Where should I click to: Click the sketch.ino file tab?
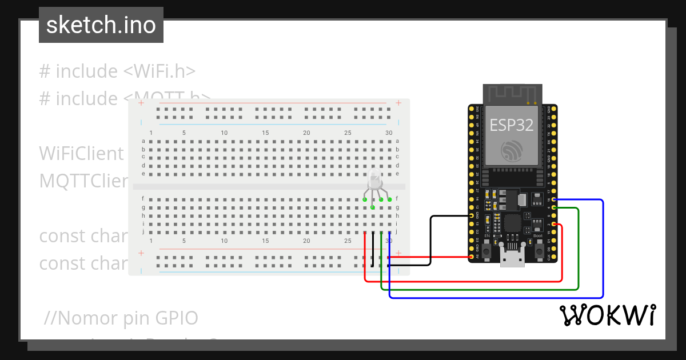pos(101,25)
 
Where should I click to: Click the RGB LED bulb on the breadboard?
pos(375,181)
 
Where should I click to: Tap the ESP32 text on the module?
pos(511,125)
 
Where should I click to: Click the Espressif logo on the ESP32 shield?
pos(511,151)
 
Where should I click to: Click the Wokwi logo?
pos(607,315)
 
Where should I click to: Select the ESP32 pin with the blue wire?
pos(554,199)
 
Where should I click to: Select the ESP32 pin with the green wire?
pos(554,208)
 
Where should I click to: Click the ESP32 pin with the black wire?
pos(472,215)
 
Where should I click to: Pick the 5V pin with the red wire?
pos(472,257)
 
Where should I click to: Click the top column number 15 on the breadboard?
pos(265,133)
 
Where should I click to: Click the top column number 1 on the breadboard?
pos(151,133)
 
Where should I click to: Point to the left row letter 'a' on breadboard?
pos(143,141)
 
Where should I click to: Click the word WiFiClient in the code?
pos(81,153)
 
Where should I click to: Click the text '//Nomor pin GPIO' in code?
pos(121,317)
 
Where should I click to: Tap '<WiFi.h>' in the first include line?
pos(159,71)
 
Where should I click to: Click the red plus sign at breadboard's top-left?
pos(141,104)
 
